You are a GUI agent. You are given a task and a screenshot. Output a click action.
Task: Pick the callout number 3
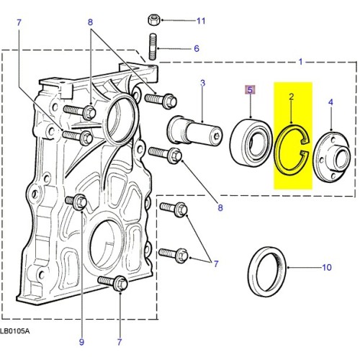(x=202, y=84)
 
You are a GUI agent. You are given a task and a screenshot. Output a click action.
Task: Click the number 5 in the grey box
(x=250, y=90)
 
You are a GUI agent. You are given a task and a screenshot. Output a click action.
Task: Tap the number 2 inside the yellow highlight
(x=291, y=96)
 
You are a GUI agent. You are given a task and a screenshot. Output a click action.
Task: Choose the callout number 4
(x=330, y=103)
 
